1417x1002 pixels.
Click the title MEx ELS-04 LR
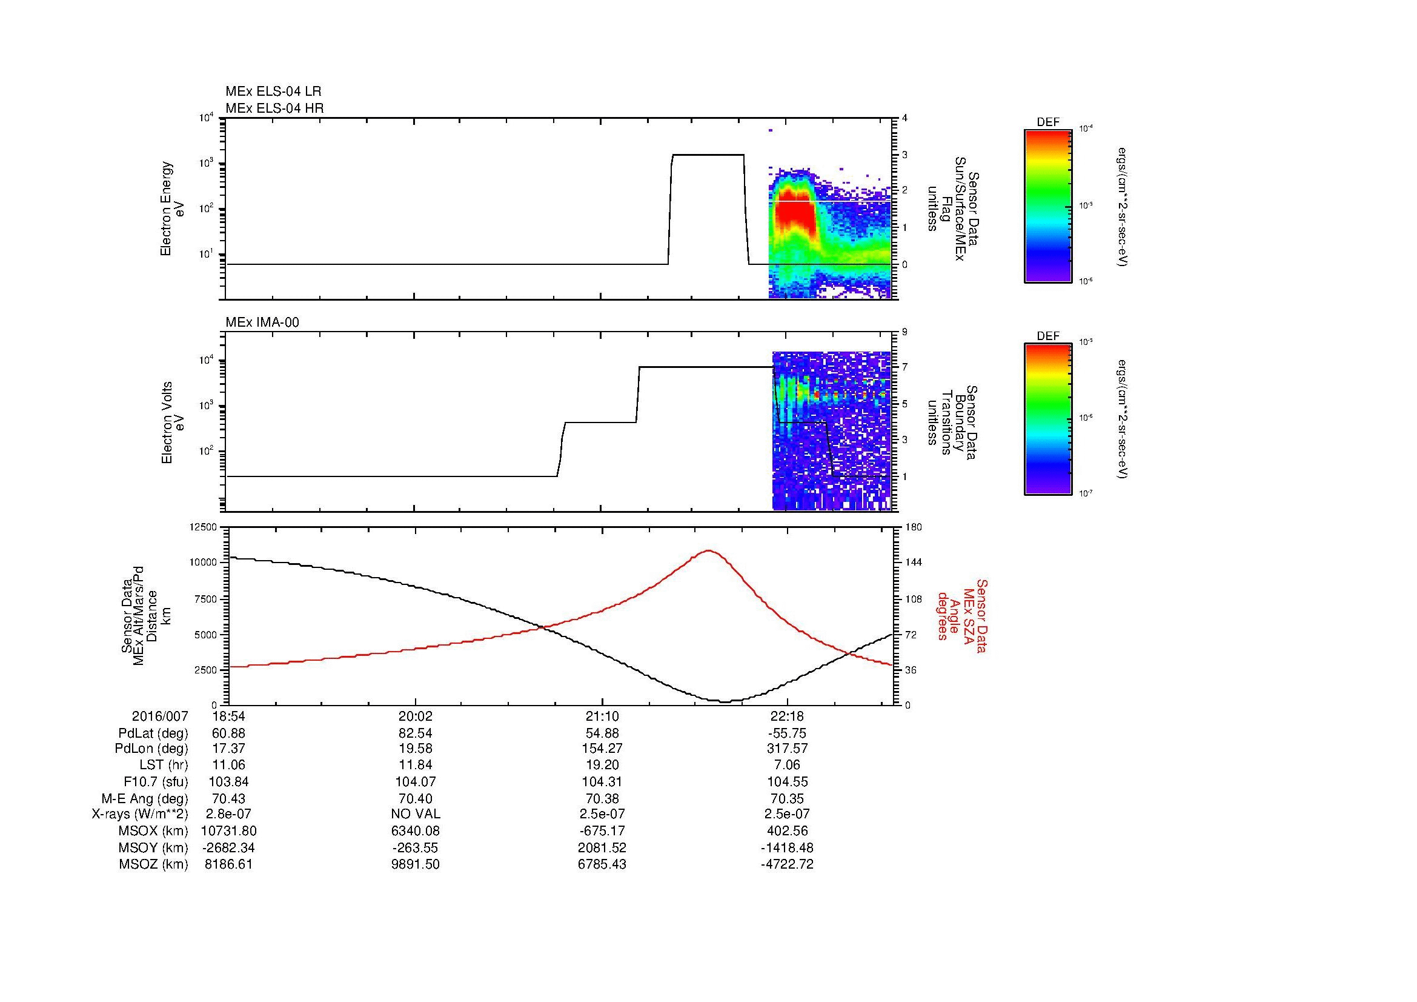click(x=273, y=92)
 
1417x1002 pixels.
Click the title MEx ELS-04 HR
click(x=274, y=108)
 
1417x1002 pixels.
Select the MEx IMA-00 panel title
click(x=262, y=322)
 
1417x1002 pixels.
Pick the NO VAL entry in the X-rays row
click(x=416, y=814)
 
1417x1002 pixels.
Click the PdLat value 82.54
click(x=416, y=733)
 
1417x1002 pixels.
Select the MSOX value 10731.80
click(x=228, y=831)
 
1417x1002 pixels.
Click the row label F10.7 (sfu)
click(x=156, y=781)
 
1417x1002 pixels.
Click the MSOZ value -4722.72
click(x=787, y=864)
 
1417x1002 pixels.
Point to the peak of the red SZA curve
click(x=709, y=550)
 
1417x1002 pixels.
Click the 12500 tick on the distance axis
click(x=203, y=527)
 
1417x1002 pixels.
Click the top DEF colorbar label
click(x=1048, y=122)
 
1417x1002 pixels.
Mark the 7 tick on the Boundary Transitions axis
click(x=904, y=367)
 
